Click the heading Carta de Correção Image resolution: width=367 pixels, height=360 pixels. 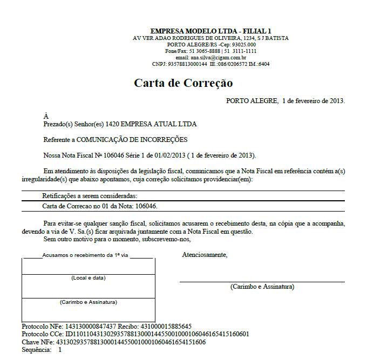(x=183, y=83)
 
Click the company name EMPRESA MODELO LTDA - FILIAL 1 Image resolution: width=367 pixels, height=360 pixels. (x=211, y=31)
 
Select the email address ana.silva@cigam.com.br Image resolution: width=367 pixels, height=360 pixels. (x=219, y=57)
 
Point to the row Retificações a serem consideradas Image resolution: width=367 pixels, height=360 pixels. (x=90, y=196)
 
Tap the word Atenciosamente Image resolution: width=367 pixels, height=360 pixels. (x=205, y=255)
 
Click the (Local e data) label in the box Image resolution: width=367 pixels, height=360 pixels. (x=88, y=278)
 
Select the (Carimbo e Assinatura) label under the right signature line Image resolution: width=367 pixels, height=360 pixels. (x=262, y=287)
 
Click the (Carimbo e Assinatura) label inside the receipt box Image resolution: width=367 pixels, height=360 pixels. (x=88, y=302)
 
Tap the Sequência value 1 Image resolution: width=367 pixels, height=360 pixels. (x=60, y=350)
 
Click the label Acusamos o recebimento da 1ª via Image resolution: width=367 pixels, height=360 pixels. (x=85, y=255)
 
